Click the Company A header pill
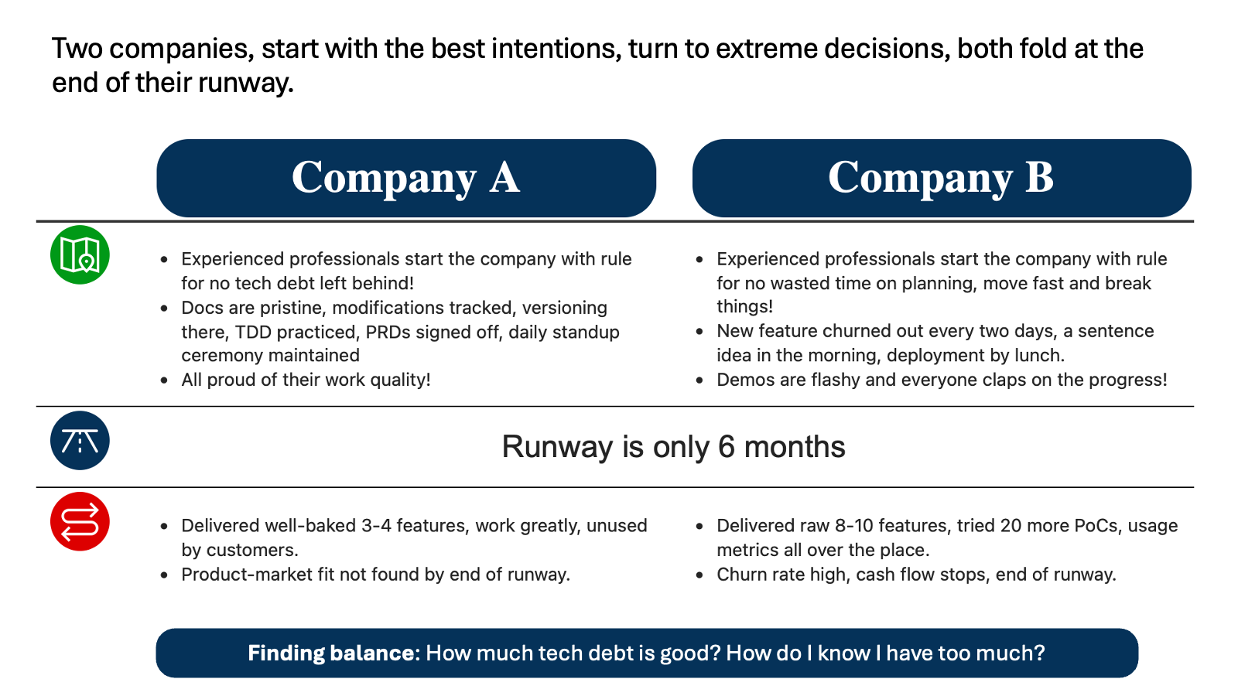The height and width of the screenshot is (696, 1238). click(x=406, y=178)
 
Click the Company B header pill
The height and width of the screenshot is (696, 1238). click(x=942, y=178)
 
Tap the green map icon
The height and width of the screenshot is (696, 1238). click(x=80, y=254)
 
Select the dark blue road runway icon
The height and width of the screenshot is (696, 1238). click(x=80, y=440)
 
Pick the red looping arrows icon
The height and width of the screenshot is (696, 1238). click(x=80, y=521)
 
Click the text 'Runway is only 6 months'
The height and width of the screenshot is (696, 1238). click(x=673, y=446)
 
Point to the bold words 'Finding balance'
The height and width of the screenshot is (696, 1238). click(x=330, y=653)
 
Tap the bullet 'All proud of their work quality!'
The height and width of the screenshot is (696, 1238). click(x=306, y=380)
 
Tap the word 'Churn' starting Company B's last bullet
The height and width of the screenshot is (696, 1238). click(x=741, y=575)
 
